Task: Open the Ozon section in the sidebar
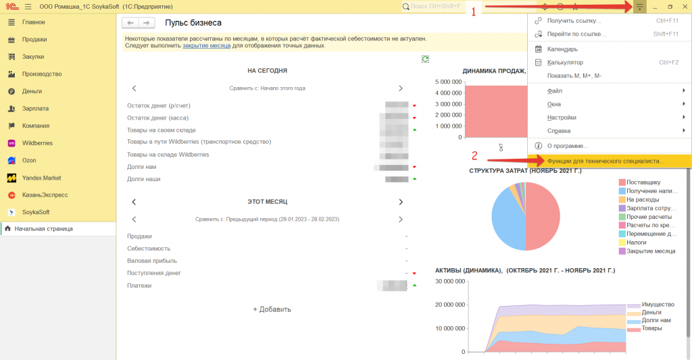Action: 28,161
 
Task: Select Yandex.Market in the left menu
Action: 41,178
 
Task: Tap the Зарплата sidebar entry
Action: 34,108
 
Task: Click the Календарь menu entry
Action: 562,49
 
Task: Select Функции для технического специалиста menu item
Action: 605,161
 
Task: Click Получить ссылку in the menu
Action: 574,20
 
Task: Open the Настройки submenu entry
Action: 562,118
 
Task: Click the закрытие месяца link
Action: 207,46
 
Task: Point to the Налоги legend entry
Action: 637,242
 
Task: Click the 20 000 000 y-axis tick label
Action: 450,305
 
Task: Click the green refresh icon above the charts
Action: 425,59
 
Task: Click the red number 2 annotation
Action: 474,154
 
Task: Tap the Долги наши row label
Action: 144,179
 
